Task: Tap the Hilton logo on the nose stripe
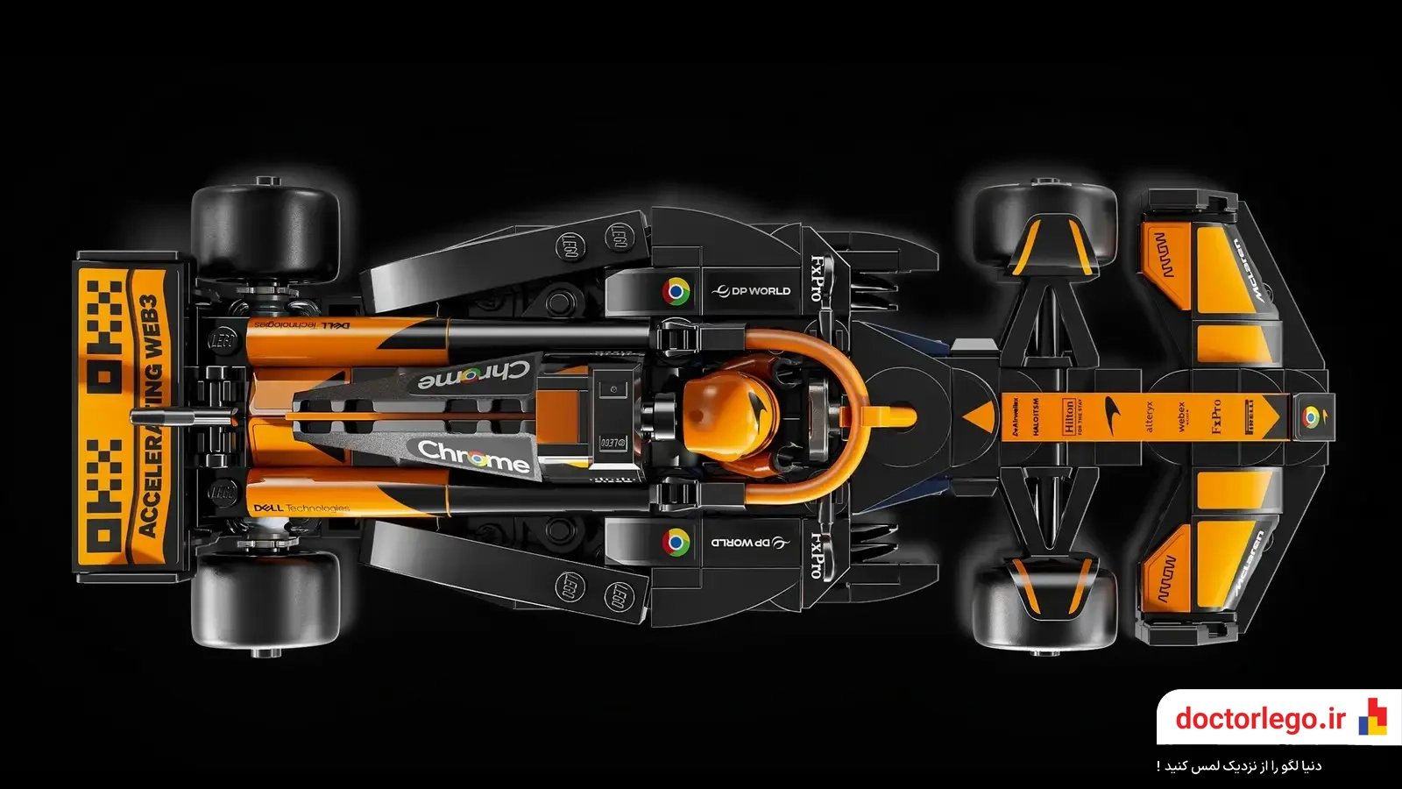point(1069,416)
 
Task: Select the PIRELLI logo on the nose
point(1250,416)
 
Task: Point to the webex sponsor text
point(1181,416)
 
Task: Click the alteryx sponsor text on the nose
point(1150,416)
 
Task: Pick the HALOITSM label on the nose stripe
point(1036,416)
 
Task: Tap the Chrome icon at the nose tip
point(1310,417)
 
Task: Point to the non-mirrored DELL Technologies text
point(301,508)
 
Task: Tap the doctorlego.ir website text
point(1260,719)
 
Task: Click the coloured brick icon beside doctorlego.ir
point(1372,717)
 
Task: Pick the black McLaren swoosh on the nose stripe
point(1112,409)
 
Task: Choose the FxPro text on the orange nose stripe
point(1216,416)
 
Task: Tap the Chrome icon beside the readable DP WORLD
point(676,291)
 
